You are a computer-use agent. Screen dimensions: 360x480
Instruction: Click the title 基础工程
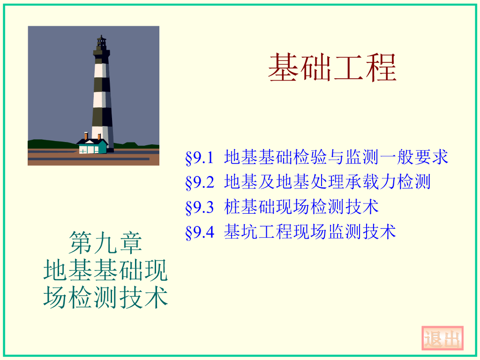pos(332,68)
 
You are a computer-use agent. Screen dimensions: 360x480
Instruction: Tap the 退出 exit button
pos(442,338)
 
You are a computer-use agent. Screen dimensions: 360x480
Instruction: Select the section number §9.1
pos(200,157)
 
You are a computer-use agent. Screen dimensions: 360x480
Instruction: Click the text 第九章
pos(105,242)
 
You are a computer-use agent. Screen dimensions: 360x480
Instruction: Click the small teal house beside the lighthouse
pos(92,147)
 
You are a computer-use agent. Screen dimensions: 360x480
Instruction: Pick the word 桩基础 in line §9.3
pos(250,207)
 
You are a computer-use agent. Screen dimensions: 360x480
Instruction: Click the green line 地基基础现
pos(105,270)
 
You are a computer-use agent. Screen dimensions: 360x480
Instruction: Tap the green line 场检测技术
pos(105,298)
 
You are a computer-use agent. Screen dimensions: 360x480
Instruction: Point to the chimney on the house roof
pos(86,136)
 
